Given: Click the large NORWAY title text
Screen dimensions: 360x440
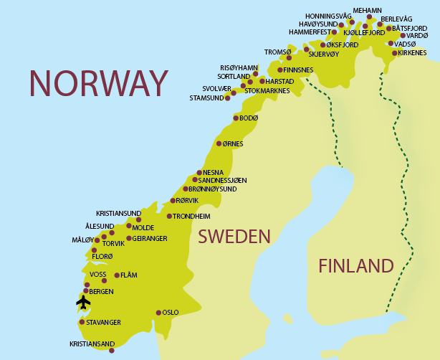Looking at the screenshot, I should point(98,83).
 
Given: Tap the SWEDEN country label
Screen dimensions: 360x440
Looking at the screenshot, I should point(234,237).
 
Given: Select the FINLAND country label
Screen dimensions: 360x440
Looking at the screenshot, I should point(356,266).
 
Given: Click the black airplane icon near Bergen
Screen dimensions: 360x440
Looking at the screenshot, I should point(83,303).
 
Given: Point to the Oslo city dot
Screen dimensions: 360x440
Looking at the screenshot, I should point(158,312).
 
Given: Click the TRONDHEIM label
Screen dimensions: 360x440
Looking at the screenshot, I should point(191,216).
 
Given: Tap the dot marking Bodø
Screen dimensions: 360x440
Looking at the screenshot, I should point(236,118).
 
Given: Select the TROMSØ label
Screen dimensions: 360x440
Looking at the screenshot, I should point(278,52).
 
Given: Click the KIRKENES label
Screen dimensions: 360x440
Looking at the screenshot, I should point(412,52).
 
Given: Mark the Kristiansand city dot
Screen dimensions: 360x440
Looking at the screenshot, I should point(111,351).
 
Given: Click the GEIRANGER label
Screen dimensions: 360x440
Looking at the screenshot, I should point(150,238).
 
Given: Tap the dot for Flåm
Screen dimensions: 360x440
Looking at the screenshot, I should point(117,275).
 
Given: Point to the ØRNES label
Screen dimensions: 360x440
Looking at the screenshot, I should point(233,143).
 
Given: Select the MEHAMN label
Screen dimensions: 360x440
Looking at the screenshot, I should point(368,10).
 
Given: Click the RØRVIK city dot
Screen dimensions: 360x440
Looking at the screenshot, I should point(173,201).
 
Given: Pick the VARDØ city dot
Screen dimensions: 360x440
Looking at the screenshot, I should point(403,35).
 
